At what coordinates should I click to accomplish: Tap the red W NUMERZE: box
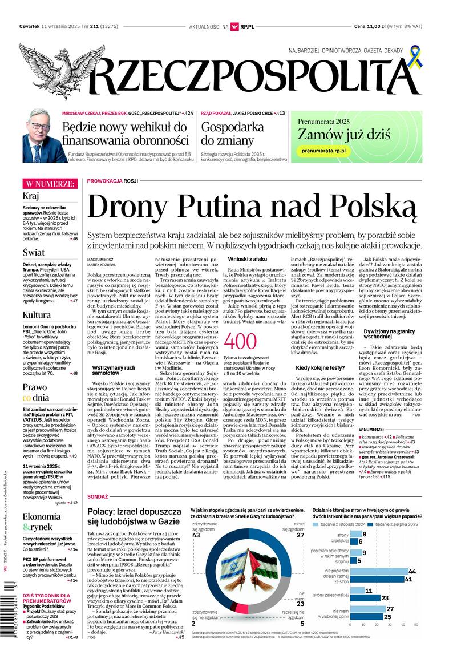point(50,184)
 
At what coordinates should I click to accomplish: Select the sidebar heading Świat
point(34,252)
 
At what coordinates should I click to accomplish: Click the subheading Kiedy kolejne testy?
point(320,368)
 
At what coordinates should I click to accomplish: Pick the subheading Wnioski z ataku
point(247,259)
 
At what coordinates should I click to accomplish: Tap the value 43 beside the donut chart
point(196,535)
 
